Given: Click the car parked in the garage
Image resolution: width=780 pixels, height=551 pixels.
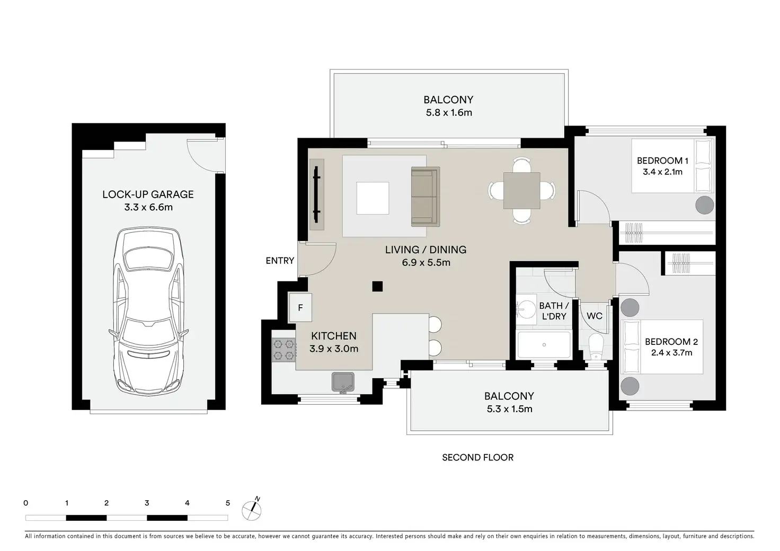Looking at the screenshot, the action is point(148,312).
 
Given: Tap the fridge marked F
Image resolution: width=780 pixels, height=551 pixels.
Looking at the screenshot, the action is point(300,307).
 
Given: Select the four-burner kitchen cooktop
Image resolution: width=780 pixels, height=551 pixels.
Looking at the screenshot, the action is point(284,350).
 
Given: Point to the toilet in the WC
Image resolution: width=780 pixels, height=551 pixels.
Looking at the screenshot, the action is point(596,346).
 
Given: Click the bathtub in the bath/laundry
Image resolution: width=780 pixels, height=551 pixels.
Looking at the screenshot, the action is point(544,344).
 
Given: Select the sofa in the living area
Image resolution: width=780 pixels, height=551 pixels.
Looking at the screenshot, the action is point(426,197).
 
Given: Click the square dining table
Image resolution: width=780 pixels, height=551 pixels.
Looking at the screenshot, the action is point(521,191).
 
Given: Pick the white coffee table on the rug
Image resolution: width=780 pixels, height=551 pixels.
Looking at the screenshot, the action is point(373,198).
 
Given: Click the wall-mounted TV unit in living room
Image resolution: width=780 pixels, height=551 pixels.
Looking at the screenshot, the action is point(316,194).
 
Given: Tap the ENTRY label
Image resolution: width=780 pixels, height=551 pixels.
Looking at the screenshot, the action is point(280,260).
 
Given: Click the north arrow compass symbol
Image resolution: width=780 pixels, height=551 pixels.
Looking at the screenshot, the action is point(252,510).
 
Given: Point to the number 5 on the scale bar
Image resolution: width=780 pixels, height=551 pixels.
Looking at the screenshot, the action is point(228,503).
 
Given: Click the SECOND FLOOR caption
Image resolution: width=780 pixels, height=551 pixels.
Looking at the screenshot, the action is point(478,457).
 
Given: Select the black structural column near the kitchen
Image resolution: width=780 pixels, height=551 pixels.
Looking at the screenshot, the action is point(377,287).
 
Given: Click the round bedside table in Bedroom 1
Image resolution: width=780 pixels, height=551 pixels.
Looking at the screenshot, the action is point(705,205).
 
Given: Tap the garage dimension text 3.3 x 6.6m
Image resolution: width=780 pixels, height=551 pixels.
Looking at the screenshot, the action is point(148,207).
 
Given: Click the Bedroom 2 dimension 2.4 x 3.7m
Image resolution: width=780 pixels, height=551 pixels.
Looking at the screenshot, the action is point(672,353).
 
